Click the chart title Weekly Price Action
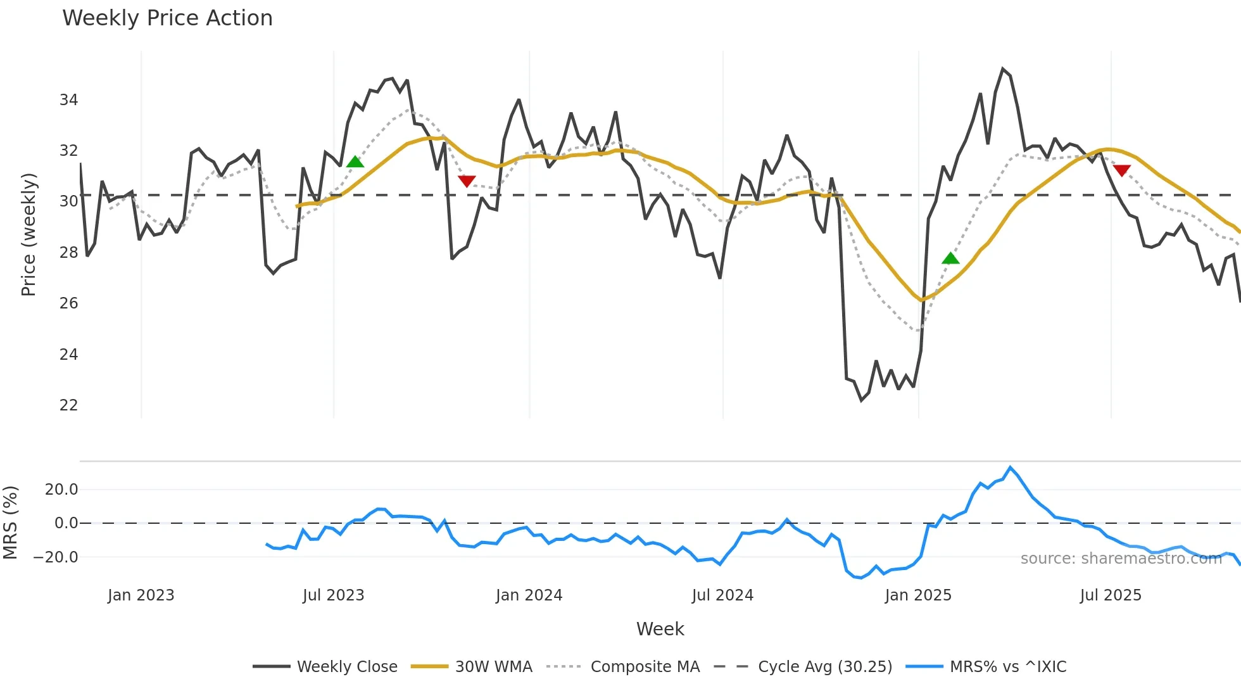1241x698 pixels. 167,18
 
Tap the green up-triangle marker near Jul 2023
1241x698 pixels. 355,162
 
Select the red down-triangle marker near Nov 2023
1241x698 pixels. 467,182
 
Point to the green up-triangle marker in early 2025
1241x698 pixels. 950,258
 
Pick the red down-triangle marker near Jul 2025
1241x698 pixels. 1121,170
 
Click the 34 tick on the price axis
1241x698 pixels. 68,100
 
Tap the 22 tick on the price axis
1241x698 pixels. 68,405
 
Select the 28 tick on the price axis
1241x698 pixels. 68,253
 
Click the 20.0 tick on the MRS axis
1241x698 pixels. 61,490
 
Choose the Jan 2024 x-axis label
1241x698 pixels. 529,595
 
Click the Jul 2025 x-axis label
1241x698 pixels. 1111,595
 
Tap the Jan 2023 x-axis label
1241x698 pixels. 141,595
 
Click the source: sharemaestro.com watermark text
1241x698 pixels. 1121,559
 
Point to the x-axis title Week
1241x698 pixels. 660,629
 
